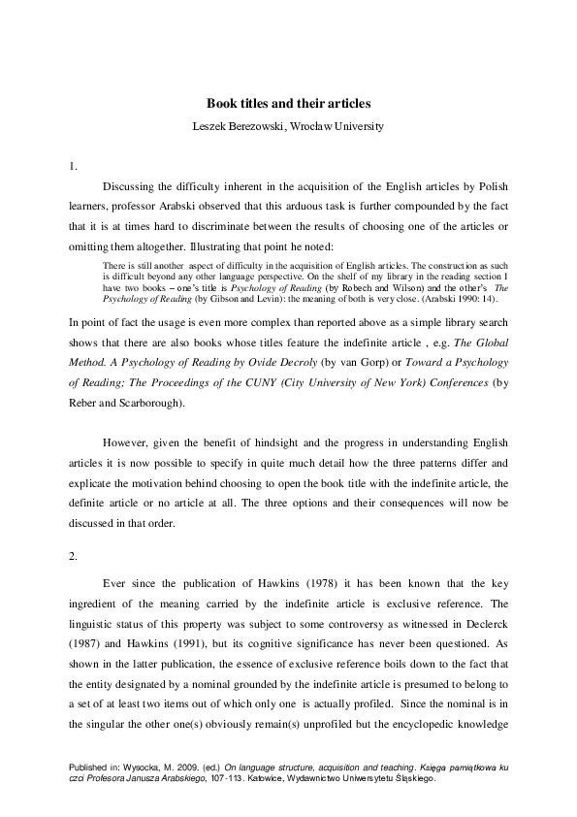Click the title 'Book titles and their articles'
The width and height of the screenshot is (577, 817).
(x=288, y=102)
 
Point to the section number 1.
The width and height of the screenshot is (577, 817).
(x=74, y=166)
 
